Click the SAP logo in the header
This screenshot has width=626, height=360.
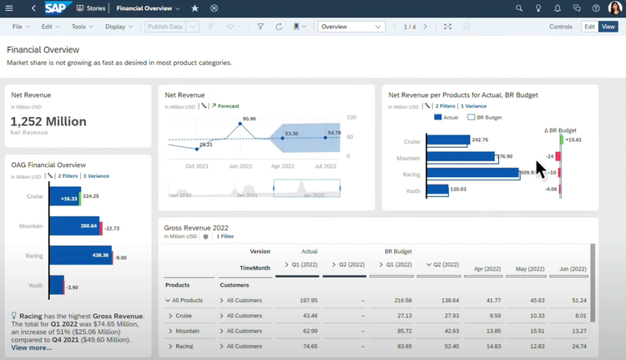(56, 8)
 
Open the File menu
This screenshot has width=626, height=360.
(20, 27)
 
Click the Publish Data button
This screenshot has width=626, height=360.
(164, 27)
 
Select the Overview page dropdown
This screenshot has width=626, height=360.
(351, 27)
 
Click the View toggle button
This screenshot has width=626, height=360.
(608, 27)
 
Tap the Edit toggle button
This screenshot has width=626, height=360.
(589, 27)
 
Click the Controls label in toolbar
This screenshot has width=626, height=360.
(561, 27)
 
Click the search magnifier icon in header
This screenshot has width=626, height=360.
(519, 8)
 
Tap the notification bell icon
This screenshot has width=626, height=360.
(558, 8)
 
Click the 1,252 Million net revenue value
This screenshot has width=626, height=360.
(48, 122)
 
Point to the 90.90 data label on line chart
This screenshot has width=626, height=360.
(248, 119)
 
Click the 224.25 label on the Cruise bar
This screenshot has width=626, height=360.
(91, 196)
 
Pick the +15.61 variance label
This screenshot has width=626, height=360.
(573, 139)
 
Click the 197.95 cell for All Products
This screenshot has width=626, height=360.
(308, 300)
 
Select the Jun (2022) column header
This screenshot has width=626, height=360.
(572, 269)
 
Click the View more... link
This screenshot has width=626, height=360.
(31, 347)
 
